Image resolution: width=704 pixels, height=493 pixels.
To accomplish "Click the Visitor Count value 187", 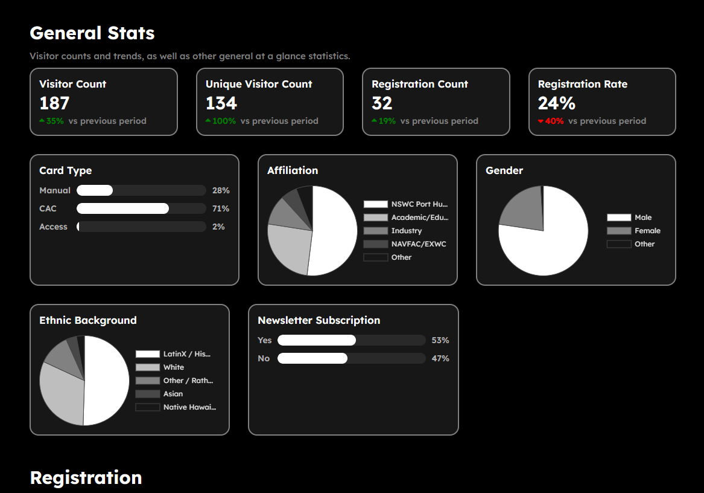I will [54, 103].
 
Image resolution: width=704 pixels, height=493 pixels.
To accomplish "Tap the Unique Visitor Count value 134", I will [221, 103].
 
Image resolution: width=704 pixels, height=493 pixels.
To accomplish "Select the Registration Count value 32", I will [382, 103].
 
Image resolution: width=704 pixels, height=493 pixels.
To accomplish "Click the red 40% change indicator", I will [554, 121].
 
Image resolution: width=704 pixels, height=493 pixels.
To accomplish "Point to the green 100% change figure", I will [224, 121].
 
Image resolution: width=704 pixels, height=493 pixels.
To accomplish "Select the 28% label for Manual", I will [221, 190].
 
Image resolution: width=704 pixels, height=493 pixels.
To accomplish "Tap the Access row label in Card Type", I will [53, 227].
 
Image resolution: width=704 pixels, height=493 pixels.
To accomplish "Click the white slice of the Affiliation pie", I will [335, 233].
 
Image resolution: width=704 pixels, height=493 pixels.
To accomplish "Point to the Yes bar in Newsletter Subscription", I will [317, 340].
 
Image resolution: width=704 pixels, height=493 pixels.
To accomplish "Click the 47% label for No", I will [440, 358].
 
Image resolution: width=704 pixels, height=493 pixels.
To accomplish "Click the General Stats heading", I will [92, 33].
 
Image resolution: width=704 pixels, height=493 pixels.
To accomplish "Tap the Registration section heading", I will [86, 478].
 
